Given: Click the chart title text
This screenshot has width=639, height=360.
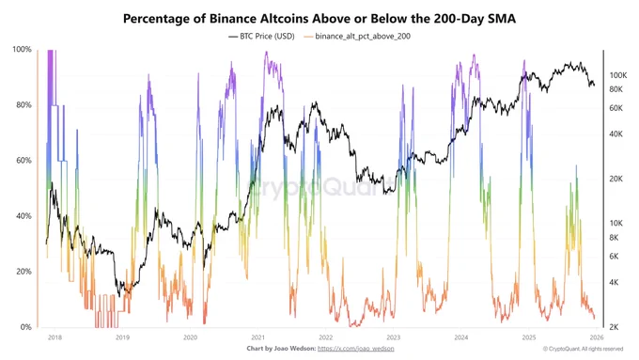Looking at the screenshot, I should (319, 18).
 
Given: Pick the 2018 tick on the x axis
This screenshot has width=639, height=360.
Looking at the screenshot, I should (54, 337).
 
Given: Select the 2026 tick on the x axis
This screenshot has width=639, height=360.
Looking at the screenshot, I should (596, 337).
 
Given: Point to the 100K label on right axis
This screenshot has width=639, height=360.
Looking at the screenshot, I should (617, 75).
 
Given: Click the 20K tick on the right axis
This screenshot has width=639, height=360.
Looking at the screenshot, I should (616, 179).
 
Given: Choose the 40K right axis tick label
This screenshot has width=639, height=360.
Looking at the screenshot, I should (616, 133).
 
